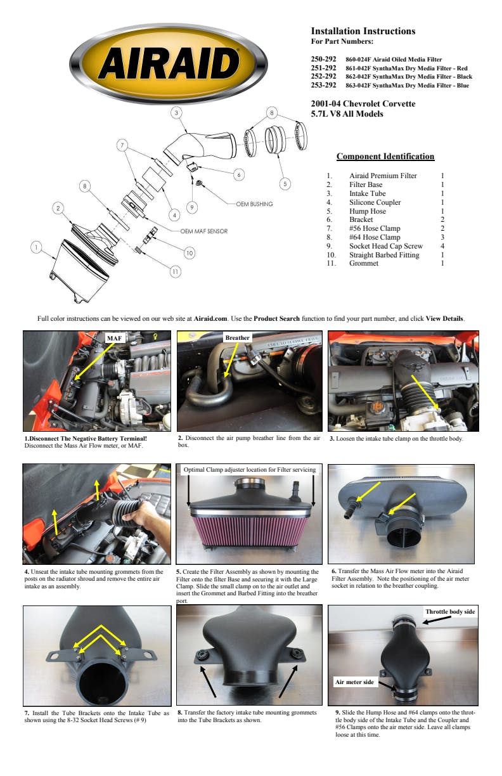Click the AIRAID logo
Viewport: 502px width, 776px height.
tap(169, 64)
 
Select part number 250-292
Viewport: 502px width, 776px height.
tap(323, 59)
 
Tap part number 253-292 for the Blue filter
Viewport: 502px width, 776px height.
tap(323, 85)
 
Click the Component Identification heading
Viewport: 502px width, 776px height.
tap(385, 156)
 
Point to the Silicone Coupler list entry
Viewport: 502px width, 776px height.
tap(375, 202)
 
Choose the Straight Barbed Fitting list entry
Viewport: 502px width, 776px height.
tap(384, 255)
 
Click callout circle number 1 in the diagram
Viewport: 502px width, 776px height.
tap(36, 247)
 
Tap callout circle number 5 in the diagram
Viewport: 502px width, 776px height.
tap(285, 184)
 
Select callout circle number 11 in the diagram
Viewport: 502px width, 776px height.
tap(176, 271)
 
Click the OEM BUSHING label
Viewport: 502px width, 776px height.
tap(254, 204)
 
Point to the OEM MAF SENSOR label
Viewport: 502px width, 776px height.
tap(203, 231)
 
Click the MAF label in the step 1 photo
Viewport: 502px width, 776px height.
tap(114, 338)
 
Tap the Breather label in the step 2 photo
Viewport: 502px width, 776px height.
tap(237, 337)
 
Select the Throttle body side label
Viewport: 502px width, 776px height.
tap(450, 611)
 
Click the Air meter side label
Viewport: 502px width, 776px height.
tap(354, 682)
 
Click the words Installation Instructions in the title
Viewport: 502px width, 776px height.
tap(363, 31)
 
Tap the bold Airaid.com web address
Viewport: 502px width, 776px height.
tap(210, 318)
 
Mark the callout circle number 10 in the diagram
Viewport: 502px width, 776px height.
tap(190, 253)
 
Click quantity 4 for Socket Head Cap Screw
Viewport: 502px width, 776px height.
tap(442, 246)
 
